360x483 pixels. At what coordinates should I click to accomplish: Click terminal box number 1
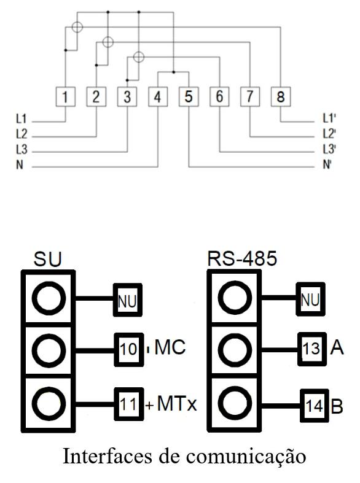click(x=65, y=97)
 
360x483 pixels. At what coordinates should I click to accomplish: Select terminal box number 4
click(x=158, y=97)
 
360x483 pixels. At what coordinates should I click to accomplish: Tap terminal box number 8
click(x=281, y=97)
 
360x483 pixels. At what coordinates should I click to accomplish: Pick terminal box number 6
click(x=219, y=97)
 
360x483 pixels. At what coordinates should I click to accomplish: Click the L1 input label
click(x=22, y=118)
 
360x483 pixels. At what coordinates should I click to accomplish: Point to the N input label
click(x=20, y=164)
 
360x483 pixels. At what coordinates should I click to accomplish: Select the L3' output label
click(x=329, y=149)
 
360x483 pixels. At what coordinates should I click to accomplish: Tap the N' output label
click(x=327, y=164)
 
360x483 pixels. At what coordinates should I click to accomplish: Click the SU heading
click(x=47, y=259)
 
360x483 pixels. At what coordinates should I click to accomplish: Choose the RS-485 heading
click(x=242, y=258)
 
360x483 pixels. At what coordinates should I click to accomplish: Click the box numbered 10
click(x=129, y=350)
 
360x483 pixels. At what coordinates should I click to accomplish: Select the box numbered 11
click(x=129, y=404)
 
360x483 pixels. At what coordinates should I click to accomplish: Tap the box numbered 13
click(x=312, y=349)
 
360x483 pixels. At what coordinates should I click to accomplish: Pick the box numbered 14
click(x=315, y=406)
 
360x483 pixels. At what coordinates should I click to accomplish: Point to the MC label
click(x=170, y=347)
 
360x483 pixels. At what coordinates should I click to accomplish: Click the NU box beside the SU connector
click(x=128, y=299)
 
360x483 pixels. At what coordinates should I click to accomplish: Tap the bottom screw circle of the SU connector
click(x=49, y=404)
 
